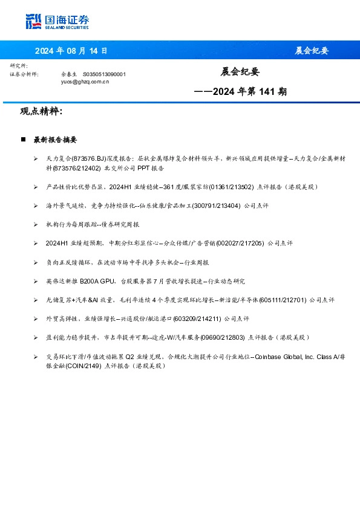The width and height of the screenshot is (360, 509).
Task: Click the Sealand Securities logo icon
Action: point(33,22)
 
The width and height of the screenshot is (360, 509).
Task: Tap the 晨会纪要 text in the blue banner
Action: point(312,50)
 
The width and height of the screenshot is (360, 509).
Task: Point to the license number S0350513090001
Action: point(104,74)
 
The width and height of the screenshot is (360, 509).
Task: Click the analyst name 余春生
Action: point(69,74)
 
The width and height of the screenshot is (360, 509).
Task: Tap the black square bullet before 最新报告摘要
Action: point(23,140)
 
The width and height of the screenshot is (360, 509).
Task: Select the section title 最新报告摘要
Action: point(55,140)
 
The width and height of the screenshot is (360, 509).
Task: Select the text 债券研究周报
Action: point(124,225)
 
